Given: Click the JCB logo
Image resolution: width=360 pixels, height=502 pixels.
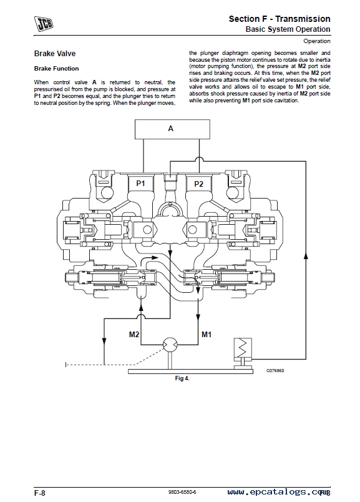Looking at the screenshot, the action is (44, 24).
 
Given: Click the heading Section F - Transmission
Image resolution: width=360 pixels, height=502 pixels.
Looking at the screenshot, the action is (280, 19).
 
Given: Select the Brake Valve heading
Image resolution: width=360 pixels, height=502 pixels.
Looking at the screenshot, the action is (55, 54).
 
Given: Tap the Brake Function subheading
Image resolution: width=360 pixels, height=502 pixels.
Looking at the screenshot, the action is (56, 69).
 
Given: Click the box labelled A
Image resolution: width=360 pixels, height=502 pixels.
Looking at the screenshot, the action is (172, 129).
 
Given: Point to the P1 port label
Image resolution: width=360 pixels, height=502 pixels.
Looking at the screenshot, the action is (140, 184).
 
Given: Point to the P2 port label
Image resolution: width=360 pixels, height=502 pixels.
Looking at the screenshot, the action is (199, 184).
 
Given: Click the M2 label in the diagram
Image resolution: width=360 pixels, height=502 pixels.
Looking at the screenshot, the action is (134, 335).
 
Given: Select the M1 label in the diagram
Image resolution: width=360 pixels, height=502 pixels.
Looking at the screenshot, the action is (207, 335).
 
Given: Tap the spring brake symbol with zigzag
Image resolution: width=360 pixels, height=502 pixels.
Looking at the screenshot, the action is (243, 347).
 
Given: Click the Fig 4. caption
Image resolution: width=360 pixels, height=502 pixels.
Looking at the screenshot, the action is (182, 378).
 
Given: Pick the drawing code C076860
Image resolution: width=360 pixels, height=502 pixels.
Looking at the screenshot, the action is (275, 370).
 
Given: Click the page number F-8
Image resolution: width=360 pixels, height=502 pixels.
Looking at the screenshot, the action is (40, 493).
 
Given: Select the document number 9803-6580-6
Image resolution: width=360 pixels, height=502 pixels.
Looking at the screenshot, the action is (182, 492).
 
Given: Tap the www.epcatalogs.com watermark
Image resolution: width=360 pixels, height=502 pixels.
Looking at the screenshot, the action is (279, 493).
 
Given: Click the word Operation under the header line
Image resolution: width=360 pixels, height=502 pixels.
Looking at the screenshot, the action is (317, 41).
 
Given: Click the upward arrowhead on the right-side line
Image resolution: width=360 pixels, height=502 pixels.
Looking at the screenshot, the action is (306, 255).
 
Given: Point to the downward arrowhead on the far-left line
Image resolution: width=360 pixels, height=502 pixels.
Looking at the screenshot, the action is (104, 341).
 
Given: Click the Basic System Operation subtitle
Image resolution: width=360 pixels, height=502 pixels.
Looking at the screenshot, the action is (288, 29).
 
